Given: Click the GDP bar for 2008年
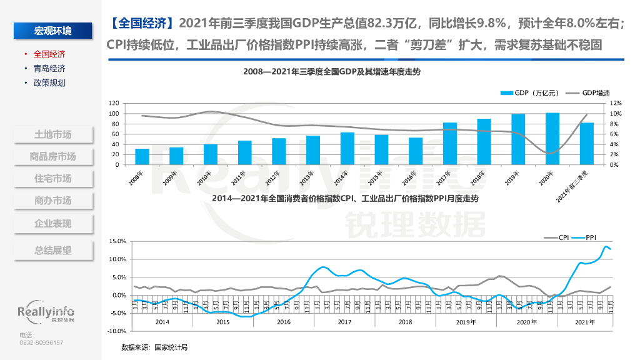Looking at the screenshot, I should click(x=142, y=157).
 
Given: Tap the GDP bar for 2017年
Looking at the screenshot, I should click(x=449, y=144).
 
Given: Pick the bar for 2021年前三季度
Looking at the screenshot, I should click(x=586, y=144).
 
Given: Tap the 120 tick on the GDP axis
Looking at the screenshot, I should click(x=114, y=103).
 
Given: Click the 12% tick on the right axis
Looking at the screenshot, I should click(x=615, y=103).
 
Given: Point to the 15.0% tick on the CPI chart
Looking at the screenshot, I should click(x=117, y=241).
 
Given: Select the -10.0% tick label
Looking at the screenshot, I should click(x=117, y=331).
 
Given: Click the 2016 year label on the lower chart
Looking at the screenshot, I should click(x=283, y=322).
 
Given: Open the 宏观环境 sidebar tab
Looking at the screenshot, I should click(x=52, y=31).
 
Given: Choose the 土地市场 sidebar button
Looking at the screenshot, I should click(x=52, y=134).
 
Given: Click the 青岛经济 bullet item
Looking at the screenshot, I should click(x=49, y=69).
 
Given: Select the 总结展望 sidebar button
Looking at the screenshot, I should click(x=52, y=250).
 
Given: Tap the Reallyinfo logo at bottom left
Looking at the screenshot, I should click(x=46, y=312).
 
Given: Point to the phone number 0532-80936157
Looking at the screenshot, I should click(x=42, y=342).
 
